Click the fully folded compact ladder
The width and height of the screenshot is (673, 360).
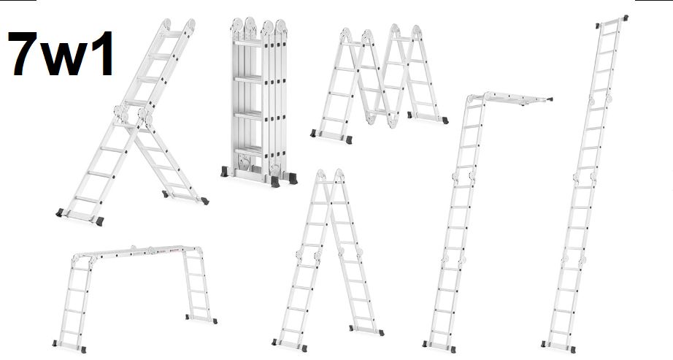(x=259, y=102)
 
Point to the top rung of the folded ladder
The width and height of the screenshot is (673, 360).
(x=247, y=43)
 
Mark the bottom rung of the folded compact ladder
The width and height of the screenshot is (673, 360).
(x=248, y=151)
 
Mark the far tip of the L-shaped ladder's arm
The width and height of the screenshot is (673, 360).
(x=550, y=99)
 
